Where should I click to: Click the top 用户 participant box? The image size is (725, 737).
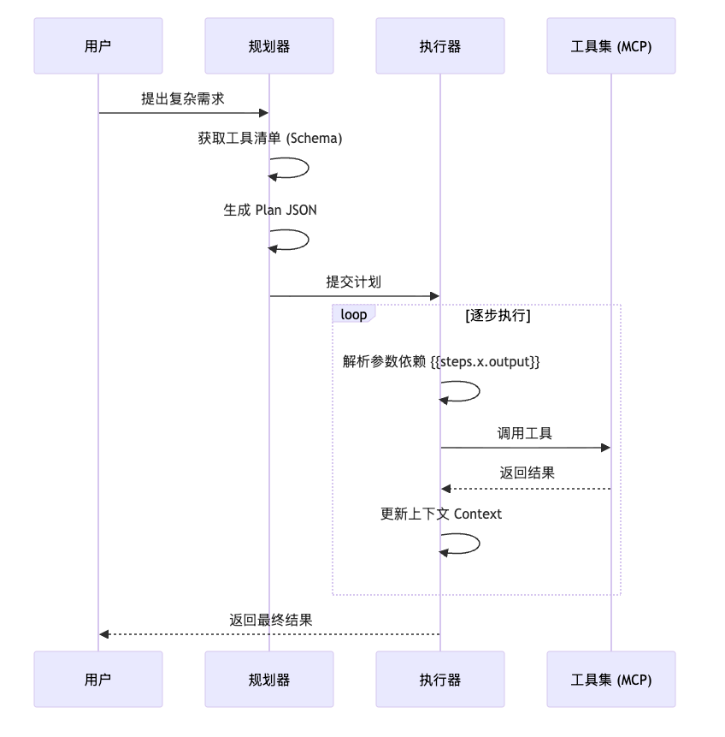click(x=98, y=46)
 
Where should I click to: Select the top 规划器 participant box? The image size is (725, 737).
click(x=269, y=46)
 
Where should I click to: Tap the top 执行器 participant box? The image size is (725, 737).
click(x=440, y=46)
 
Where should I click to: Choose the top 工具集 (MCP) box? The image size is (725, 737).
click(x=611, y=46)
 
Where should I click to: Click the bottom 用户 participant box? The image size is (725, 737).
click(x=98, y=680)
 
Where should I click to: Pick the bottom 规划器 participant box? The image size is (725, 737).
click(x=269, y=680)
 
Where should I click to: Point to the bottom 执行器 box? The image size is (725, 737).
click(x=440, y=680)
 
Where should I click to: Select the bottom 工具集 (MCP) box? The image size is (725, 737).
click(x=611, y=680)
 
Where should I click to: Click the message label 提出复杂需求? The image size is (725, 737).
click(x=183, y=98)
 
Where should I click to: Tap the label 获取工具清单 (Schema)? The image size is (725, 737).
click(x=270, y=138)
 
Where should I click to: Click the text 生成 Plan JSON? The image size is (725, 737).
click(x=270, y=210)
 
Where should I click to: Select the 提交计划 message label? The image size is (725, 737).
click(x=353, y=282)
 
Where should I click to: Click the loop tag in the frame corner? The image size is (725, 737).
click(x=353, y=314)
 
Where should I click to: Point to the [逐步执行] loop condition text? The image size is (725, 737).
click(x=498, y=315)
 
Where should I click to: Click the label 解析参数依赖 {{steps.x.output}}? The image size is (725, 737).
click(x=441, y=361)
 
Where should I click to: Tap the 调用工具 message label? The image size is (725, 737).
click(x=525, y=433)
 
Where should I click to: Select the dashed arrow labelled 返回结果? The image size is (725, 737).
click(x=526, y=489)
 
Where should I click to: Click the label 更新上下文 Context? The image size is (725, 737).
click(x=441, y=514)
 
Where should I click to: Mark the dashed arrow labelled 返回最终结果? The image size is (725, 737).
click(x=269, y=634)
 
